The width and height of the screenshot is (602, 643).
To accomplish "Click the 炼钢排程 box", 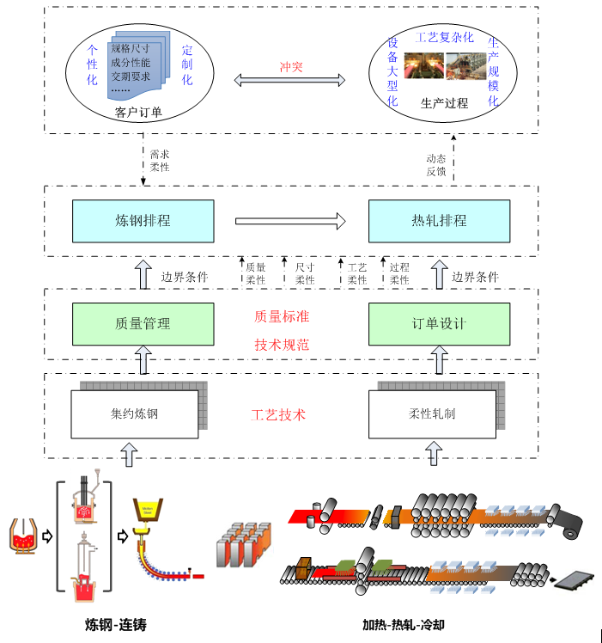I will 143,221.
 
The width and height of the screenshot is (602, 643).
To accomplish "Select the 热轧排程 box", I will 439,221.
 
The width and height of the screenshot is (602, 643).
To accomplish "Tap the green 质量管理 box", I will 143,324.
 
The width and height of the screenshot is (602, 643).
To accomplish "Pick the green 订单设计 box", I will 439,324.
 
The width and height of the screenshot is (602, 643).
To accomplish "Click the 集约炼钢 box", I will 135,414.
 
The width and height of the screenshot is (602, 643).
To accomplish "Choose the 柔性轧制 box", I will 432,414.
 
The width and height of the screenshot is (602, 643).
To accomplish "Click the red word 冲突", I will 291,66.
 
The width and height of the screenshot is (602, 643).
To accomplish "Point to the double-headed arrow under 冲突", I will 290,81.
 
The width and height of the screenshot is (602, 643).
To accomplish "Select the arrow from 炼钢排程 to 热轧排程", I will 290,222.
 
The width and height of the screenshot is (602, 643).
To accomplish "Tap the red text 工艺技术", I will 278,415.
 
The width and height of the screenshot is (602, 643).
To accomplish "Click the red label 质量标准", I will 282,316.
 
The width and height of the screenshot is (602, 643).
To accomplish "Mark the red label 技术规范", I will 282,345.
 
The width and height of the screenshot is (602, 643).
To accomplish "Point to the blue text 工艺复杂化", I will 443,37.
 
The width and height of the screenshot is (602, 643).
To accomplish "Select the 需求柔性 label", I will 160,161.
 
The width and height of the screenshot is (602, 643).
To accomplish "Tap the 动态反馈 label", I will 436,164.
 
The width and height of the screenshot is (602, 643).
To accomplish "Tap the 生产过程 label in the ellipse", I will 444,103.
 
